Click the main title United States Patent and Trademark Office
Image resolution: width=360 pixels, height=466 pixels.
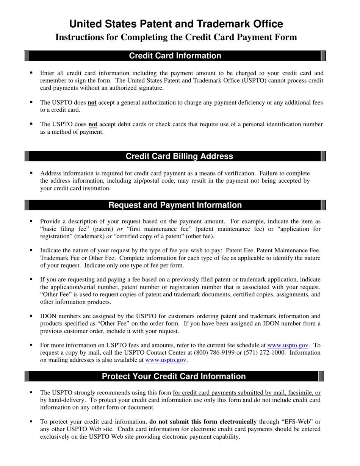(x=176, y=24)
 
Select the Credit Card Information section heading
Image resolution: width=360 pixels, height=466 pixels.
(x=175, y=56)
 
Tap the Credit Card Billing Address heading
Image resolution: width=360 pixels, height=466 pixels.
(x=179, y=156)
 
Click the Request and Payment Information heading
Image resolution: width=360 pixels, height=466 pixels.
(x=175, y=205)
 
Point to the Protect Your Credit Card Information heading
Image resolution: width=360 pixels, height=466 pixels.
(x=174, y=376)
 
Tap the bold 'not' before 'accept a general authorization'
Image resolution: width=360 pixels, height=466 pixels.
(x=92, y=102)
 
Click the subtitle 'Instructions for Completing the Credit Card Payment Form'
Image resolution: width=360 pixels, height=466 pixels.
(x=176, y=37)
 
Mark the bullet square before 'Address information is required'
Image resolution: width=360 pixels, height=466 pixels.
(x=31, y=173)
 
